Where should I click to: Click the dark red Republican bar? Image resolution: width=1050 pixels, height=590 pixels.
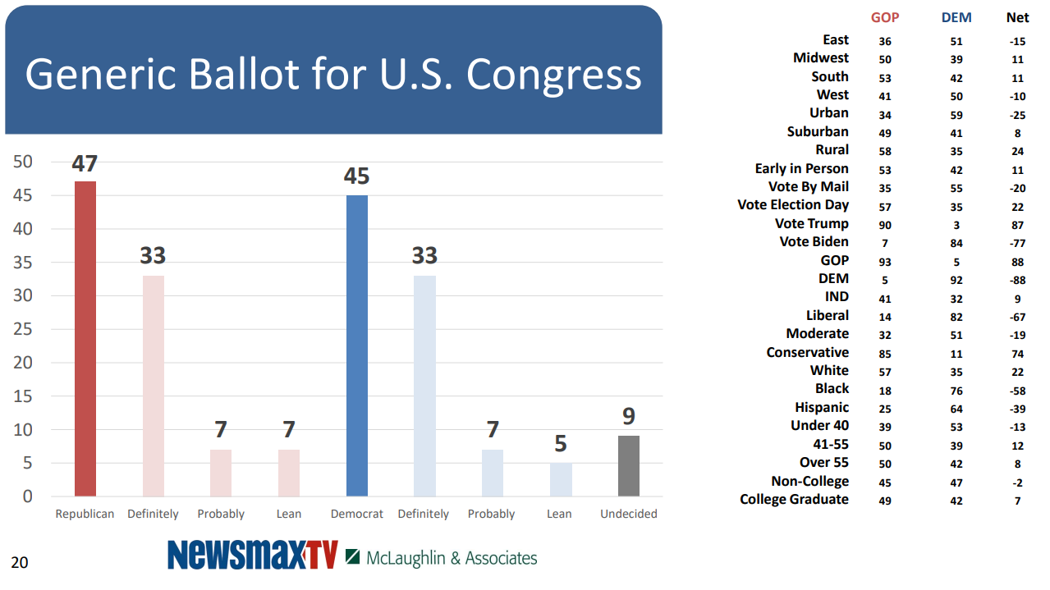pos(85,338)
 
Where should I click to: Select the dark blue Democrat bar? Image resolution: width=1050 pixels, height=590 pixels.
pos(357,345)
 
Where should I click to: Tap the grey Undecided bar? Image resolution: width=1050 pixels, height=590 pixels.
pos(629,466)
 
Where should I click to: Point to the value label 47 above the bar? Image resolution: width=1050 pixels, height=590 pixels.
pos(85,163)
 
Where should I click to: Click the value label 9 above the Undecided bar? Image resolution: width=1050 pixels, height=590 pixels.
pos(629,417)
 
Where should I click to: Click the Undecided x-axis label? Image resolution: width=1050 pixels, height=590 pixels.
pos(629,514)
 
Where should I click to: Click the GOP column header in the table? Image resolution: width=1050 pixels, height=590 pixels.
pos(885,18)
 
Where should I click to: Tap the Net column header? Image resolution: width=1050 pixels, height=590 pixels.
pos(1017,18)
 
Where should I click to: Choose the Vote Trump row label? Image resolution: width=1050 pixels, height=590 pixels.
pos(811,223)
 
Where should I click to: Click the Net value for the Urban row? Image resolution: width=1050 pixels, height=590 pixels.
pos(1017,115)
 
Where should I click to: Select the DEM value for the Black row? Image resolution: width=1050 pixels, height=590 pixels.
pos(956,391)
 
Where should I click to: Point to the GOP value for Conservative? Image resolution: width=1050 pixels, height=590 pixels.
pos(885,354)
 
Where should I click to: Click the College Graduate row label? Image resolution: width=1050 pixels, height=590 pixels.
pos(794,499)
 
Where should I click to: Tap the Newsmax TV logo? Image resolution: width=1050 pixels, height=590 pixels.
pos(252,556)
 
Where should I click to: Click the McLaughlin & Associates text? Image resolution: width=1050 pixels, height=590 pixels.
pos(451,558)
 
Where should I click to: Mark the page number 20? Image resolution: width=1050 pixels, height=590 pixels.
pos(19,562)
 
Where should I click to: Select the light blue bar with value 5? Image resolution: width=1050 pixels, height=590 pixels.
pos(561,479)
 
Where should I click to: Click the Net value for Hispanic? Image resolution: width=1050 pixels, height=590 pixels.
pos(1017,409)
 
